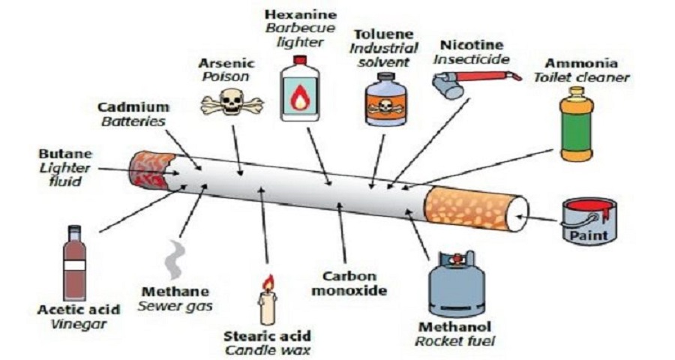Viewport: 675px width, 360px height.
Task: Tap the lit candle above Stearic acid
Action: (268, 300)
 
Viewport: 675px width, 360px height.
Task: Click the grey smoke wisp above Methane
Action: (175, 259)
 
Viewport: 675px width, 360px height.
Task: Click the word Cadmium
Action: (133, 107)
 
